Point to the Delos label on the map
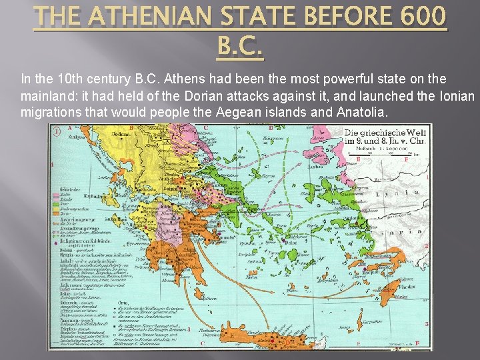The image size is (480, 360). click(x=292, y=243)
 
